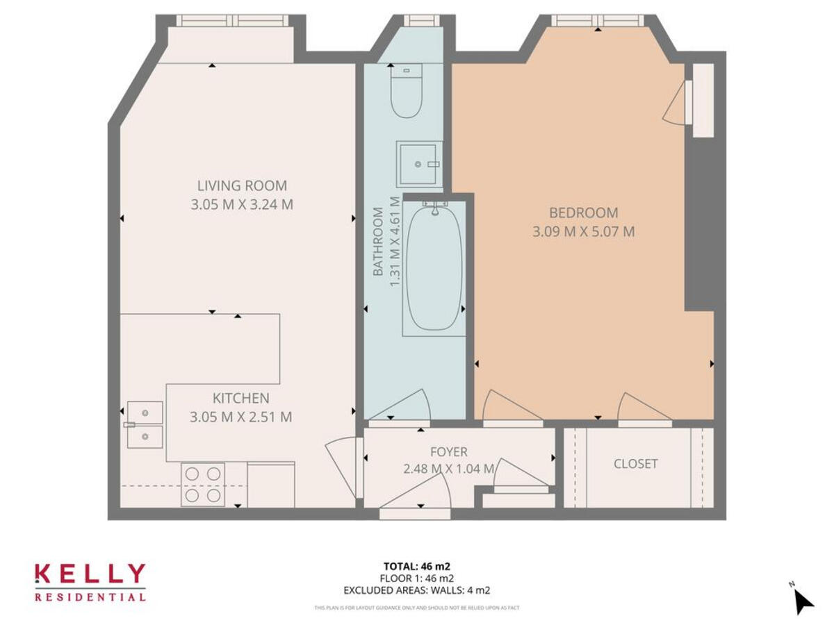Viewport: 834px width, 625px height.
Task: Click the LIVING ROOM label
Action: coord(242,185)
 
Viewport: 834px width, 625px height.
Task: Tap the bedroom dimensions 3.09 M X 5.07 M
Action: coord(583,232)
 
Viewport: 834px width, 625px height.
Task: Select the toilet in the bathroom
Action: coord(406,93)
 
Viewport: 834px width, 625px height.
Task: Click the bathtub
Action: coord(434,268)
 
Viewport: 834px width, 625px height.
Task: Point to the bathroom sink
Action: coord(419,164)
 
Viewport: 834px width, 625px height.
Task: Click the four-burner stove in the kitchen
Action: coord(203,484)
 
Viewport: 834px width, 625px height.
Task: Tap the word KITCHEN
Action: coord(240,398)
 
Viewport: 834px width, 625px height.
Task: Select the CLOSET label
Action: coord(635,464)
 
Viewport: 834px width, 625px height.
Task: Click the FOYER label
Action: coord(448,452)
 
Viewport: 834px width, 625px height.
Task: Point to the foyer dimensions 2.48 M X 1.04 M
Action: coord(448,469)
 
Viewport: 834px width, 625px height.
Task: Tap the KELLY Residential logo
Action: coord(90,582)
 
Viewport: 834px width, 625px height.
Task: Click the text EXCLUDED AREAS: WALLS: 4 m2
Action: coord(417,591)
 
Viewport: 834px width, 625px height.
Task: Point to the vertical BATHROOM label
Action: coord(379,242)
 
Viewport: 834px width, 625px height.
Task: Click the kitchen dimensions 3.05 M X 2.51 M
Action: coord(240,417)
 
